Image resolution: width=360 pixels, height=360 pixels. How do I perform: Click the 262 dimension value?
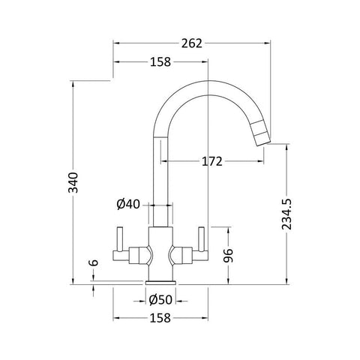(191, 43)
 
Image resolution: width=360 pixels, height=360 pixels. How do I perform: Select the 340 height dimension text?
(73, 182)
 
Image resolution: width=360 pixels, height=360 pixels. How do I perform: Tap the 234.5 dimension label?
(286, 214)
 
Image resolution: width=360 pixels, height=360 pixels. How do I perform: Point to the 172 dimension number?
(212, 161)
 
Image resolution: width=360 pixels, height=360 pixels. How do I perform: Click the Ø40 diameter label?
(128, 204)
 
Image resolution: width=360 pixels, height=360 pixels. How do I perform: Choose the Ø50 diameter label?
(160, 300)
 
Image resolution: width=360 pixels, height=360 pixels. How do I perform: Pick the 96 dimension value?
(228, 256)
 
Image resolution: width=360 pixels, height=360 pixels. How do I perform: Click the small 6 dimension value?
(94, 262)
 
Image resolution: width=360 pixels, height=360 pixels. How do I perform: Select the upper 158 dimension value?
(160, 61)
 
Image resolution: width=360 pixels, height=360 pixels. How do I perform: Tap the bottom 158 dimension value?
(160, 318)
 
